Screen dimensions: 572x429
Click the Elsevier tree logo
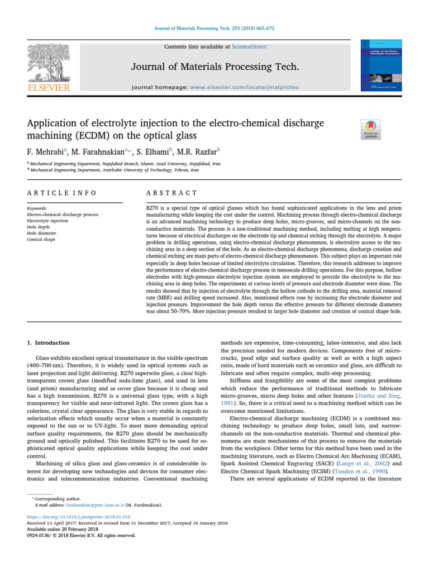click(49, 63)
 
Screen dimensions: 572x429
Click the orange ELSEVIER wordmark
click(49, 88)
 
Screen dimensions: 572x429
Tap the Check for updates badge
click(371, 130)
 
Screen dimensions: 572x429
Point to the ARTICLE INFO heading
click(61, 193)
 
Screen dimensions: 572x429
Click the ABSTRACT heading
click(171, 193)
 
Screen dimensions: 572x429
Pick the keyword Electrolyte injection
click(47, 221)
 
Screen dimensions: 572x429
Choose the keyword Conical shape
click(41, 240)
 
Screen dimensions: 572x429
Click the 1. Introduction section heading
click(49, 342)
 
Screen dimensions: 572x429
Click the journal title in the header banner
click(214, 68)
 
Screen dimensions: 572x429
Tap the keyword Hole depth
click(39, 227)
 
